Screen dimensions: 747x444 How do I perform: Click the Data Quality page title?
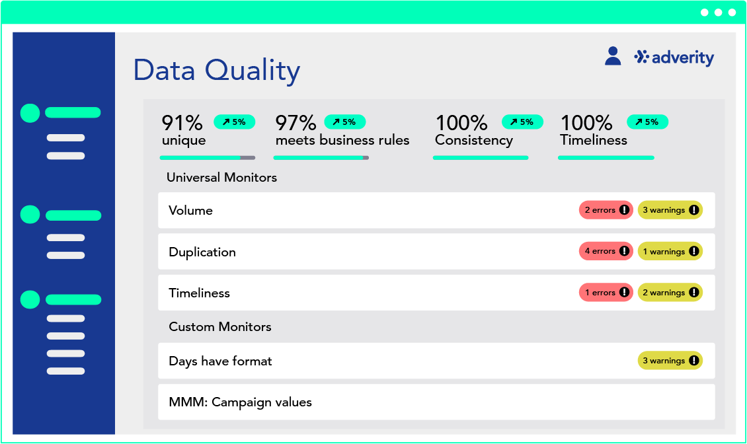click(217, 71)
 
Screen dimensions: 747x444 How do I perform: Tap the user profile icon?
click(613, 55)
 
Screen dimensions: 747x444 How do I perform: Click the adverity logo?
click(674, 57)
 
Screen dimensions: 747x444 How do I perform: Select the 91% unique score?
click(183, 129)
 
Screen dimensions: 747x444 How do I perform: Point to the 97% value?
click(296, 123)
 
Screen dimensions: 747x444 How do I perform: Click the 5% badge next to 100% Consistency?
click(522, 122)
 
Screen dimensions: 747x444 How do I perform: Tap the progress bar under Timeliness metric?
click(606, 158)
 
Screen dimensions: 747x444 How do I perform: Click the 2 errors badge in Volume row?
click(606, 210)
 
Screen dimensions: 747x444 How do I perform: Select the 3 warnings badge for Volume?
click(670, 210)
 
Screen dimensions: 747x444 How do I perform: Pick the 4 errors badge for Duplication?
click(606, 251)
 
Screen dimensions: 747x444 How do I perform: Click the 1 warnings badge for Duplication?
click(670, 251)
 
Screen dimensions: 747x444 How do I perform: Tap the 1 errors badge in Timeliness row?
click(606, 293)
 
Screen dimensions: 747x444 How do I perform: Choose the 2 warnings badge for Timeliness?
click(670, 293)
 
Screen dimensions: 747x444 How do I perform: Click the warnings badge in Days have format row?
click(670, 361)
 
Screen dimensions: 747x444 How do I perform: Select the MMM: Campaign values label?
click(240, 402)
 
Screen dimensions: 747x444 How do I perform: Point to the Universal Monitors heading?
click(221, 177)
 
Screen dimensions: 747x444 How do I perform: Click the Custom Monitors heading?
click(220, 327)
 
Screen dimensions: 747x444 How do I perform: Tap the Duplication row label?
click(202, 252)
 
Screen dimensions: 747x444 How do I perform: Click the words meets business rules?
click(342, 140)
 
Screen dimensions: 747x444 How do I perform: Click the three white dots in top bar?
click(719, 13)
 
